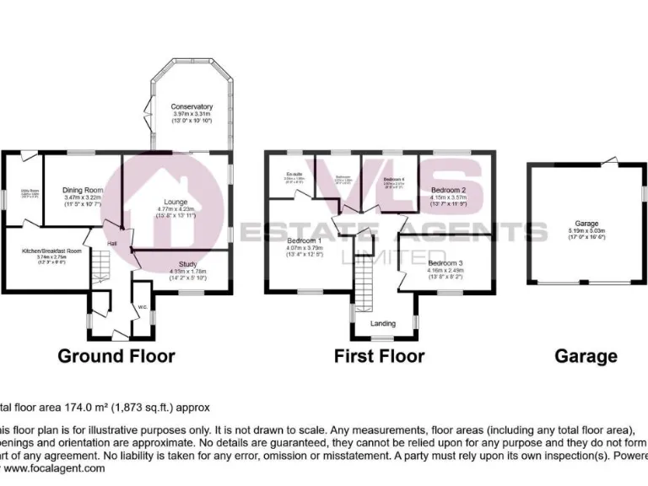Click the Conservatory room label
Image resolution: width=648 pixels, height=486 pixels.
coord(192,107)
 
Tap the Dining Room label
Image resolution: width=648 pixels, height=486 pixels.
coord(83,191)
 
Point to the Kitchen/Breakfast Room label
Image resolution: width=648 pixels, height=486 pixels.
coord(51,251)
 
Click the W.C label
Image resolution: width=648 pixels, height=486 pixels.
coord(142,308)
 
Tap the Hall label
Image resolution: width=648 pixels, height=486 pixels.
coord(111,244)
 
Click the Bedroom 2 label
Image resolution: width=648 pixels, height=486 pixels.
coord(449,191)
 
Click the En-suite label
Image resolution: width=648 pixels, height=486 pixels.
coord(294,175)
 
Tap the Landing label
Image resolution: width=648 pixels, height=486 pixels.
coord(384,323)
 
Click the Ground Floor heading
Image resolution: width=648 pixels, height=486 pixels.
coord(116,356)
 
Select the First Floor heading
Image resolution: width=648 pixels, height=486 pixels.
coord(379,356)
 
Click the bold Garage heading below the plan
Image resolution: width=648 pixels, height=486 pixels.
coord(586,356)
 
